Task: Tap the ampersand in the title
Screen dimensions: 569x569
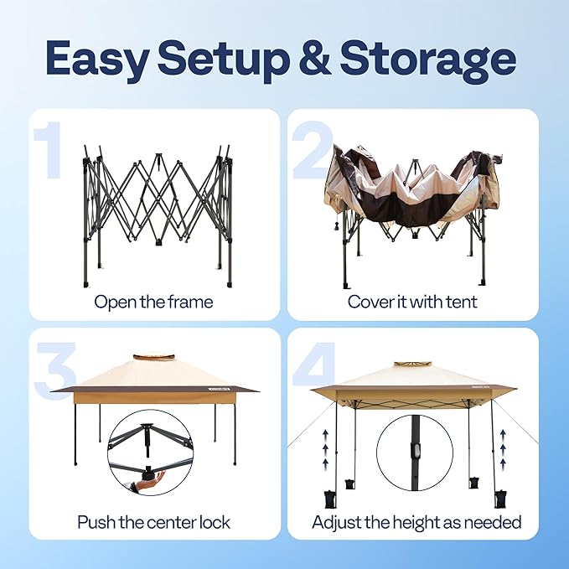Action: click(314, 57)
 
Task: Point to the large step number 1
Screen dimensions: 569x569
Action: click(49, 150)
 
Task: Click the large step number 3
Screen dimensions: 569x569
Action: click(55, 370)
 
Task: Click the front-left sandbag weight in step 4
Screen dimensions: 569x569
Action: click(329, 499)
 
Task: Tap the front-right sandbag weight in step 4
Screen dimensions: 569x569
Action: click(500, 499)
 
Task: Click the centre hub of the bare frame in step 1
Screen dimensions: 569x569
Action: click(158, 158)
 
